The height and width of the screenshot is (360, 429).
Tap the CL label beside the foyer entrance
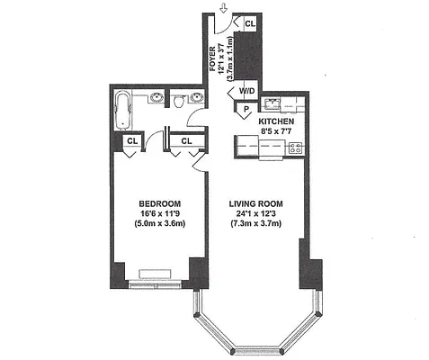(x=249, y=23)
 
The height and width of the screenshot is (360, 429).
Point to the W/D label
(x=246, y=91)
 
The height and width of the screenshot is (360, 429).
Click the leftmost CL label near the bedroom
(x=132, y=140)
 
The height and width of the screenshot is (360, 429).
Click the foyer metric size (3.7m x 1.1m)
(x=231, y=58)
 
